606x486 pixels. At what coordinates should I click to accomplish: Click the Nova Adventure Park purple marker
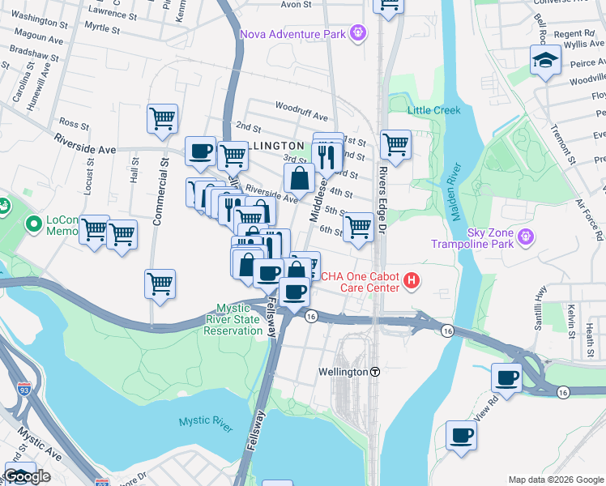pos(358,33)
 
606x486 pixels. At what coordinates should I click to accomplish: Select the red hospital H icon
pos(412,281)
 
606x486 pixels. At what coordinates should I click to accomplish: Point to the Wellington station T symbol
pos(375,372)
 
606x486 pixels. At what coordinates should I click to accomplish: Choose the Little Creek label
pos(433,110)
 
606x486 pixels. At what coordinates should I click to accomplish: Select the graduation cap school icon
pos(545,60)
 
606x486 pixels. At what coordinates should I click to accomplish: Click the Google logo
pos(28,477)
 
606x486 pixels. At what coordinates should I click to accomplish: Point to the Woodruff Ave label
pos(301,106)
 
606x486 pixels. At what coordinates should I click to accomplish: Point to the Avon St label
pos(296,4)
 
